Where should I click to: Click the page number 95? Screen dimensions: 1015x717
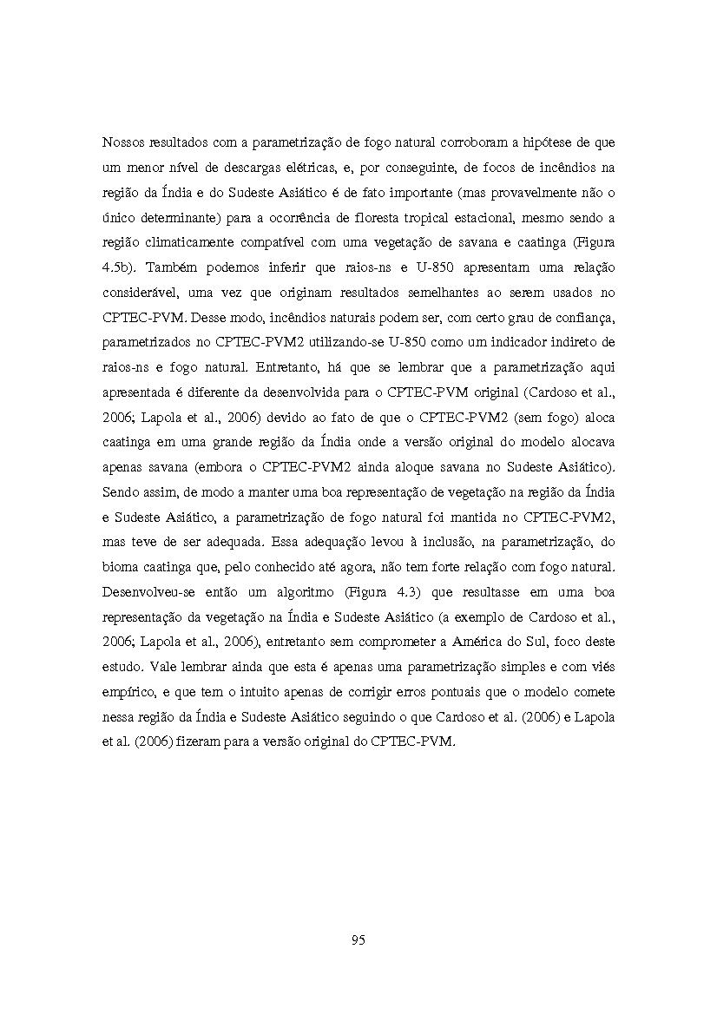pyautogui.click(x=358, y=939)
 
